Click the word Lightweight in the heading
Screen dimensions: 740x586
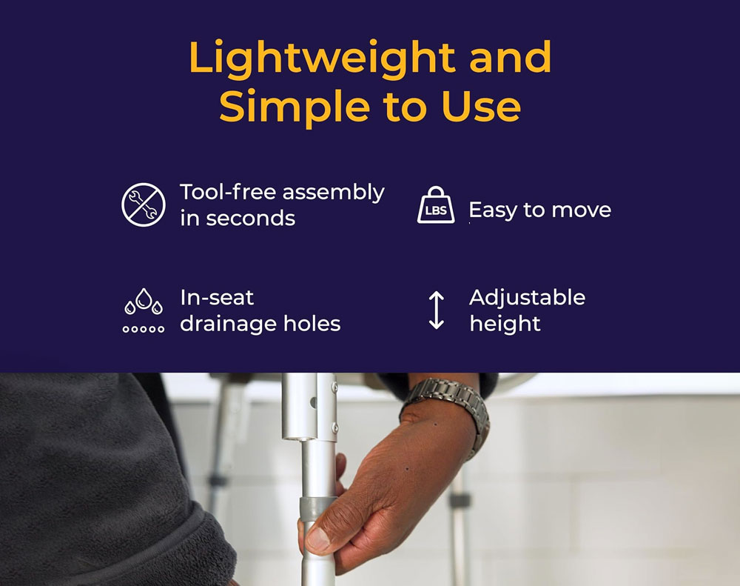click(x=322, y=59)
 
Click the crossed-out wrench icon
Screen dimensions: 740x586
click(x=144, y=204)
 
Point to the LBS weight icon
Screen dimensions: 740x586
click(x=436, y=204)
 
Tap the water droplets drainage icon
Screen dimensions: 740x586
click(x=144, y=310)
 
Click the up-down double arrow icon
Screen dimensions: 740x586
click(x=437, y=310)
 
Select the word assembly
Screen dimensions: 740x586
click(x=333, y=193)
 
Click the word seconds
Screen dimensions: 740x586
click(x=251, y=219)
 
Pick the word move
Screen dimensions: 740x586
click(x=582, y=210)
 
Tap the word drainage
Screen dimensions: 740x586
click(x=229, y=324)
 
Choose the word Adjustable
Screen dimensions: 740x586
click(x=527, y=298)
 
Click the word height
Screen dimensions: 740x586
click(x=505, y=324)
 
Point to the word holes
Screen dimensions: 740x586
click(x=312, y=324)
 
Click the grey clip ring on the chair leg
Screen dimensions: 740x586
click(x=317, y=509)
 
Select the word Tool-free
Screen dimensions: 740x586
click(x=228, y=192)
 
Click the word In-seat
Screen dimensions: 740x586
click(x=217, y=298)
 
